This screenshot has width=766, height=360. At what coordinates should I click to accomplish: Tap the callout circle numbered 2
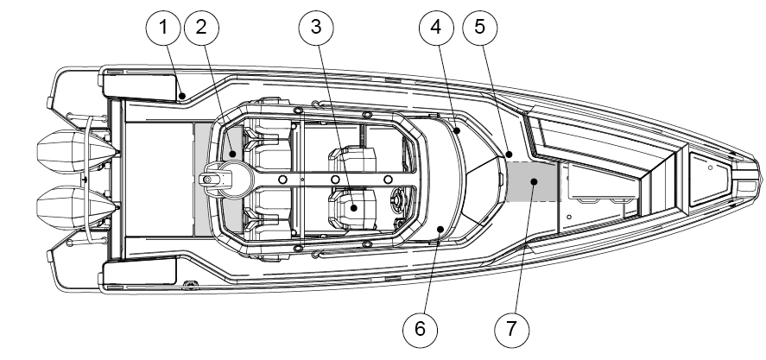tap(201, 27)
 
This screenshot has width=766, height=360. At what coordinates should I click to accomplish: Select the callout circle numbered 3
tap(316, 27)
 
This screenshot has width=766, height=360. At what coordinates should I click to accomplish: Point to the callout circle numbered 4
tap(436, 27)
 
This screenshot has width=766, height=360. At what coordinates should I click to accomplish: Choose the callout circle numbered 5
tap(480, 27)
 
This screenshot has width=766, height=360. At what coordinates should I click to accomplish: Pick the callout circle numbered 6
tap(421, 328)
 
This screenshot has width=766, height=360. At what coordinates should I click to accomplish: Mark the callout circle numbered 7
tap(511, 328)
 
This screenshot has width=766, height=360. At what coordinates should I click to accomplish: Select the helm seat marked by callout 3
tap(353, 206)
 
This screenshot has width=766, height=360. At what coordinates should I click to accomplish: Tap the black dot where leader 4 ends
tap(455, 131)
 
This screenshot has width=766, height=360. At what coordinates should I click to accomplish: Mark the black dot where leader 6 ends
tap(440, 229)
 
